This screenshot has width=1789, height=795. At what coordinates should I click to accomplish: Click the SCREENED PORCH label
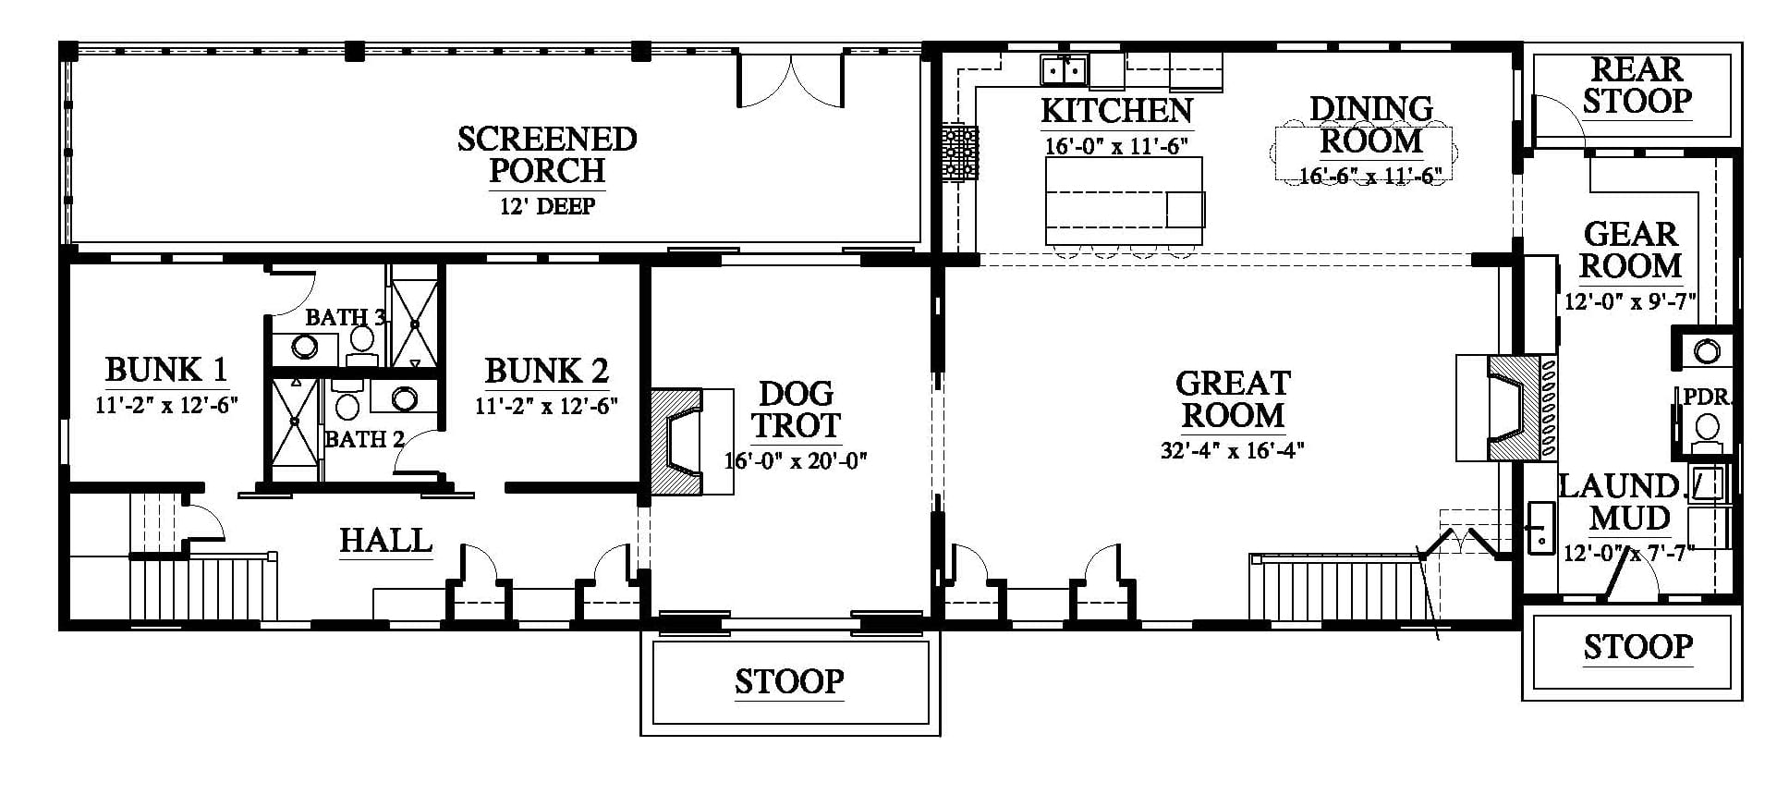(x=547, y=154)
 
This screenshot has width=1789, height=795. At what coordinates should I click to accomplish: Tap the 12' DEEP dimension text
(x=547, y=205)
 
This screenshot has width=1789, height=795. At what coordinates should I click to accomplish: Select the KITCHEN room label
(x=1116, y=110)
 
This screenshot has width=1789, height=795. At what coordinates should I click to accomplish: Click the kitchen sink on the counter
(x=1064, y=69)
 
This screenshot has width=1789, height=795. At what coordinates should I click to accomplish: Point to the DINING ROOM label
(x=1371, y=125)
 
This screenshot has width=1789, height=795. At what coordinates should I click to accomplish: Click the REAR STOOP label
(x=1637, y=85)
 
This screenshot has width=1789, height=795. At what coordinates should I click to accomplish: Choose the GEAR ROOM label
(x=1631, y=250)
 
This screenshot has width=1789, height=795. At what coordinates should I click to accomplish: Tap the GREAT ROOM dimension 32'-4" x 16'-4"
(x=1233, y=450)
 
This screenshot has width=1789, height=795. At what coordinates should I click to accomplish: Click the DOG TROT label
(x=796, y=410)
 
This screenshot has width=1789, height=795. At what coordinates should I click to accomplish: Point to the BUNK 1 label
(x=166, y=370)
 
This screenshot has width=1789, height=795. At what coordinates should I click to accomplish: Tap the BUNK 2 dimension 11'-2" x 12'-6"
(x=546, y=406)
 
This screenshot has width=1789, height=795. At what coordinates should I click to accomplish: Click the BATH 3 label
(x=346, y=317)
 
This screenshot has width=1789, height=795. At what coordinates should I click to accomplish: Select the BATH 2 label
(x=365, y=439)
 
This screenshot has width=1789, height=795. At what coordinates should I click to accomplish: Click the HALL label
(x=385, y=541)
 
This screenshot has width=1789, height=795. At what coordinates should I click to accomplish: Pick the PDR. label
(x=1706, y=397)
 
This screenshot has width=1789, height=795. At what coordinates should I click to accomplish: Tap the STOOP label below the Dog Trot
(x=789, y=682)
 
